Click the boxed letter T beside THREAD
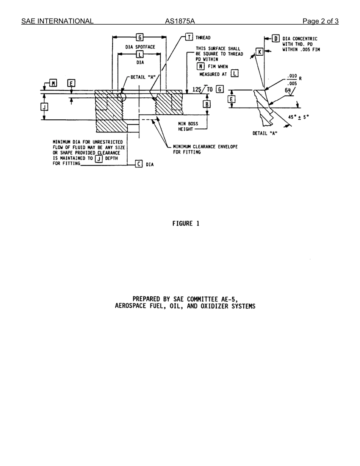point(189,37)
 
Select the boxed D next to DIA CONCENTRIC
point(276,39)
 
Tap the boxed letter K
point(259,52)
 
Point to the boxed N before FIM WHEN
point(201,66)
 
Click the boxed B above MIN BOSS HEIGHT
point(207,104)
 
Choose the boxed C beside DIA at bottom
point(139,164)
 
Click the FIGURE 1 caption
point(186,224)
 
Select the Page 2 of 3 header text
point(320,21)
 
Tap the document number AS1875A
point(180,21)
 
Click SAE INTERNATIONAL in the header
point(57,21)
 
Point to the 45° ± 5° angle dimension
point(298,117)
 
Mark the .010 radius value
point(292,76)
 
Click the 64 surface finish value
point(288,90)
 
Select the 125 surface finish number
point(197,89)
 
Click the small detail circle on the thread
point(122,97)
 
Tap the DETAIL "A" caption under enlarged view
point(265,133)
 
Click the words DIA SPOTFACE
point(140,47)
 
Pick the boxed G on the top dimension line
point(139,37)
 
